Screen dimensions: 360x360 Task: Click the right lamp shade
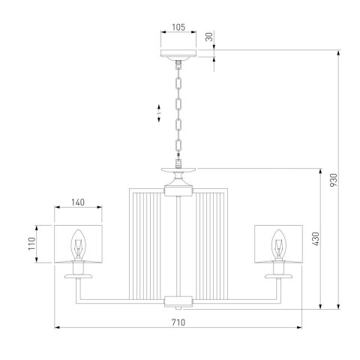tap(278, 244)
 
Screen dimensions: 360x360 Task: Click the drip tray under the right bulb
tap(280, 275)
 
